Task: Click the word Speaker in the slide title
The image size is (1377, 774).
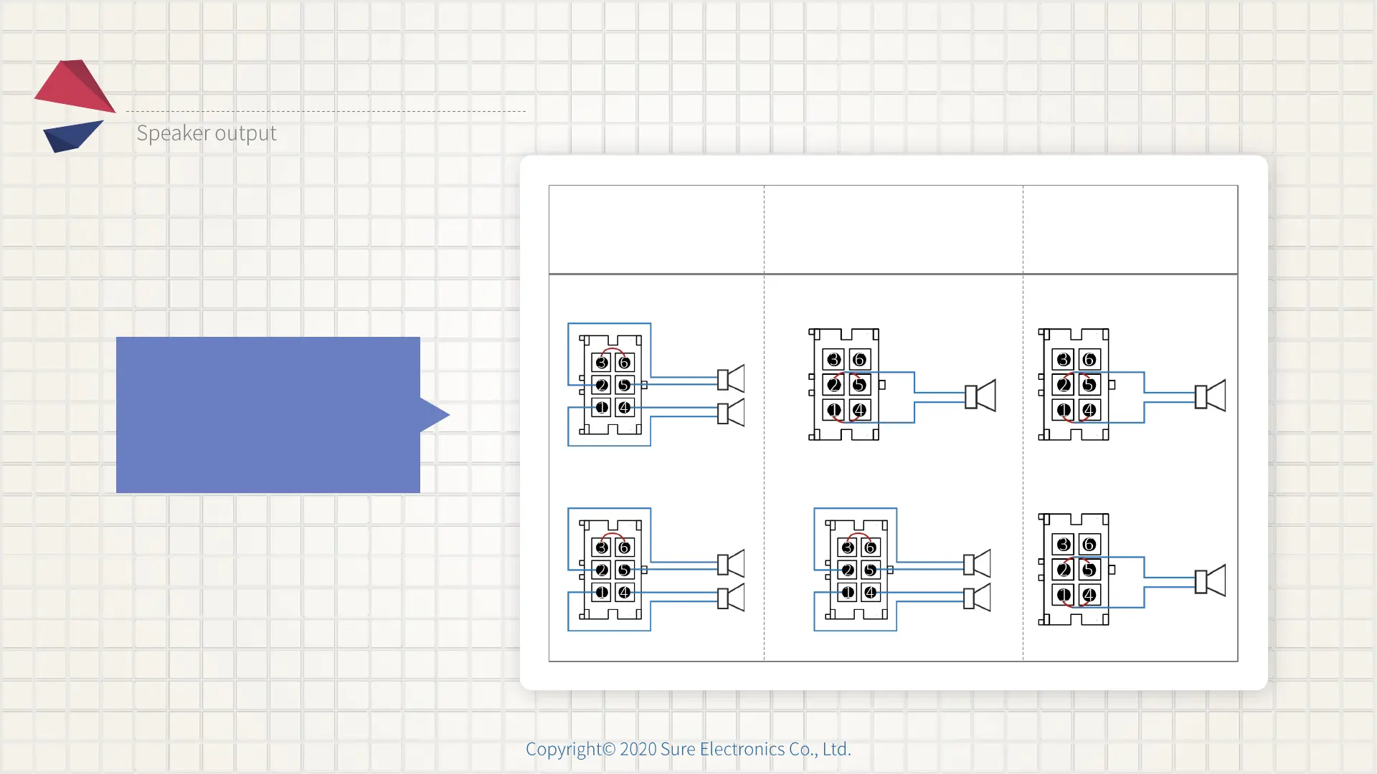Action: (173, 133)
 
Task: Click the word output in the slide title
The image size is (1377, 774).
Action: (245, 134)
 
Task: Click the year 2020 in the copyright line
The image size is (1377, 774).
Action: (638, 749)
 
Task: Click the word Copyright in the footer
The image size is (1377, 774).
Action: (563, 749)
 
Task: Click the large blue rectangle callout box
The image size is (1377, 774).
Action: (268, 414)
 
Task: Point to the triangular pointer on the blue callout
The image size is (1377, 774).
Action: (434, 414)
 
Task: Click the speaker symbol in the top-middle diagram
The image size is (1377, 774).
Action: (980, 396)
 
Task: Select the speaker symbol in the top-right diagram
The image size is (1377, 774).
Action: (1211, 396)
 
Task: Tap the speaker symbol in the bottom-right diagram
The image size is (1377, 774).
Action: (1211, 580)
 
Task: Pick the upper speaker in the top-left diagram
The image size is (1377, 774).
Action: (732, 378)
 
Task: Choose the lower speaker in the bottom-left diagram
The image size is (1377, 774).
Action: (732, 598)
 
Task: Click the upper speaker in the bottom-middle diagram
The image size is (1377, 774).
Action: (978, 563)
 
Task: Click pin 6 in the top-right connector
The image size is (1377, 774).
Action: (1089, 360)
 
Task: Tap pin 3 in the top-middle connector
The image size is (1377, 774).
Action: (833, 360)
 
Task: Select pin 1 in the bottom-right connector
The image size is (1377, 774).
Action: (1064, 595)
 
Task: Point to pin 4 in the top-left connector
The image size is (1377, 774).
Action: (625, 408)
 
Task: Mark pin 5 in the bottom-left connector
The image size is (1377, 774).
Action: (625, 570)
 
